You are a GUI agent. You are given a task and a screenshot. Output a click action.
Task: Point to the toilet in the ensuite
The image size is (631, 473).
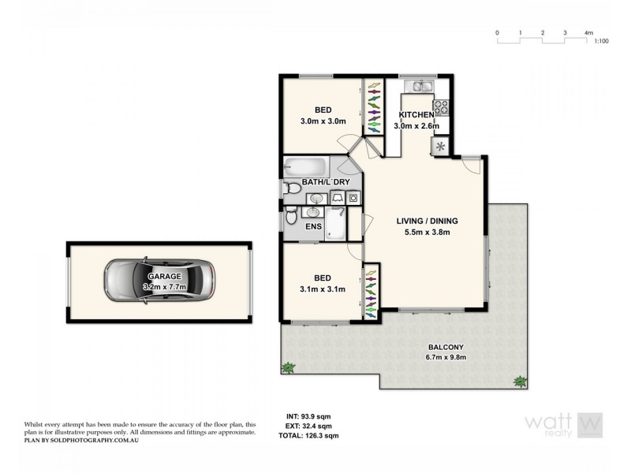(291, 215)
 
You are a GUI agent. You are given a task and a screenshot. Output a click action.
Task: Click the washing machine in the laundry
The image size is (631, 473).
(353, 198)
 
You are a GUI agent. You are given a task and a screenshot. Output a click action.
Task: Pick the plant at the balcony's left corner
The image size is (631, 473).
(289, 367)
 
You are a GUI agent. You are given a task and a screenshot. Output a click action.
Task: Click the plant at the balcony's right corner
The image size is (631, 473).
(519, 382)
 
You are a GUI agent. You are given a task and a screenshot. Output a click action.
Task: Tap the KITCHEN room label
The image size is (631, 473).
(416, 115)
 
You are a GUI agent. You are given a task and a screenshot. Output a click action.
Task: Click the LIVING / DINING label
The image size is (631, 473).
(427, 221)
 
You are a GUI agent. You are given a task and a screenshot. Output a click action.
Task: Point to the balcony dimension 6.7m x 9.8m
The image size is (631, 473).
(446, 356)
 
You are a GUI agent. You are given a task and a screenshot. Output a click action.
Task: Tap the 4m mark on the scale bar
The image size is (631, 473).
(588, 33)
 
